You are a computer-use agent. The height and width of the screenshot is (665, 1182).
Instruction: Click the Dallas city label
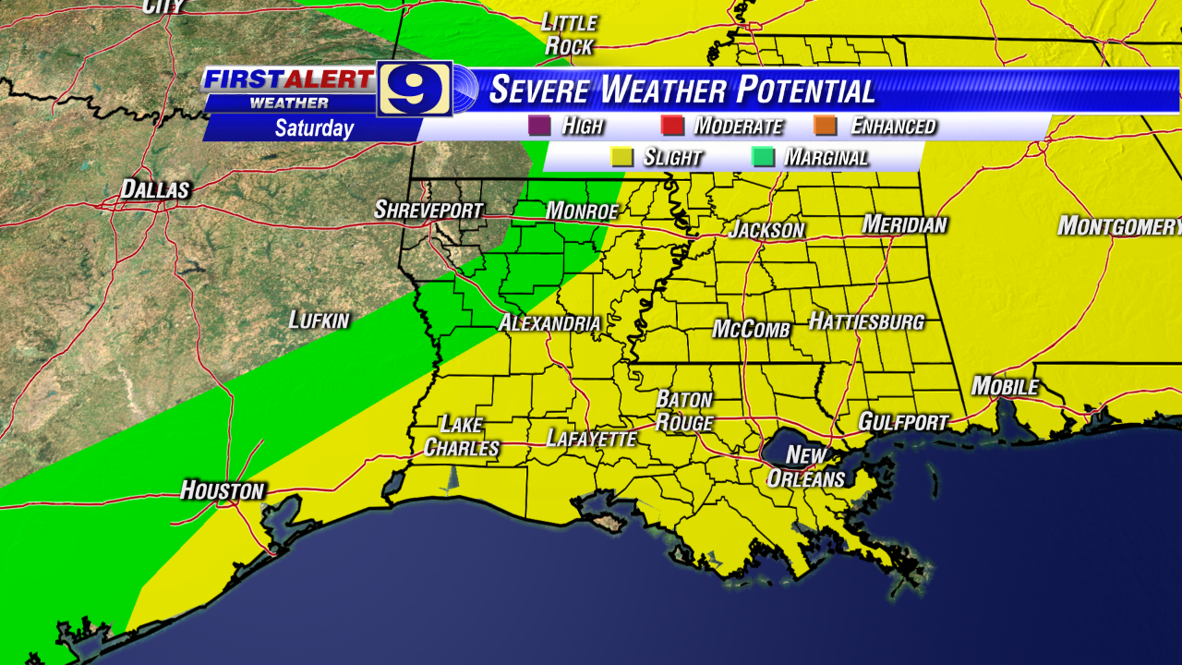point(155,190)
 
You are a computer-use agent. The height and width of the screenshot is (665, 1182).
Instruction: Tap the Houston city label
point(223,490)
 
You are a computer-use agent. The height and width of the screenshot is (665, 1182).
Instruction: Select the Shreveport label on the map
point(428,211)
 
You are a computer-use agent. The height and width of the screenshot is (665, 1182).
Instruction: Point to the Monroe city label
point(582,212)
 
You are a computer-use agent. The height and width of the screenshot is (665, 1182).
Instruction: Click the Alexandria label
point(549,324)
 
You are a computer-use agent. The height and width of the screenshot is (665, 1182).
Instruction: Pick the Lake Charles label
point(461,436)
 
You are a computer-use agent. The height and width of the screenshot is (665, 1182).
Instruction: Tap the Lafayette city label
point(592,439)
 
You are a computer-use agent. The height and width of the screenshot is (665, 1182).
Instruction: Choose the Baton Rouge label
point(684,411)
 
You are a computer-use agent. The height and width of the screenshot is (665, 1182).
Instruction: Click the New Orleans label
point(805,466)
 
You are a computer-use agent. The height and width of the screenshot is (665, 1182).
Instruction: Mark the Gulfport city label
point(903,422)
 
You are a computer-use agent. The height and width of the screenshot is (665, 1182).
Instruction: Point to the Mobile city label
point(1005,387)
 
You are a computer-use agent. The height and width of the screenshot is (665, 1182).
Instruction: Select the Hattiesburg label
point(866,322)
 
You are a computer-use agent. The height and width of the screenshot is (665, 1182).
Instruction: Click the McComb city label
point(751,330)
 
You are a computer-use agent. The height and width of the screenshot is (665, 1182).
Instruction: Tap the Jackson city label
point(766,230)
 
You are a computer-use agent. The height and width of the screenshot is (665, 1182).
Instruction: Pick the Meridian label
point(905,224)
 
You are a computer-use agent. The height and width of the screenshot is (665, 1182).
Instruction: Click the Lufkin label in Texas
point(319,320)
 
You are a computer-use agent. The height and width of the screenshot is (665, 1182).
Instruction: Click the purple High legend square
point(538,126)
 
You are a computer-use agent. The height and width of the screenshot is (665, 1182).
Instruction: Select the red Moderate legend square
point(672,126)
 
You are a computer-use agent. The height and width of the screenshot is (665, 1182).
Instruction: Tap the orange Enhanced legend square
point(828,126)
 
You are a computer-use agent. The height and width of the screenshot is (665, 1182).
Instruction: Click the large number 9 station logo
point(415,88)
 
